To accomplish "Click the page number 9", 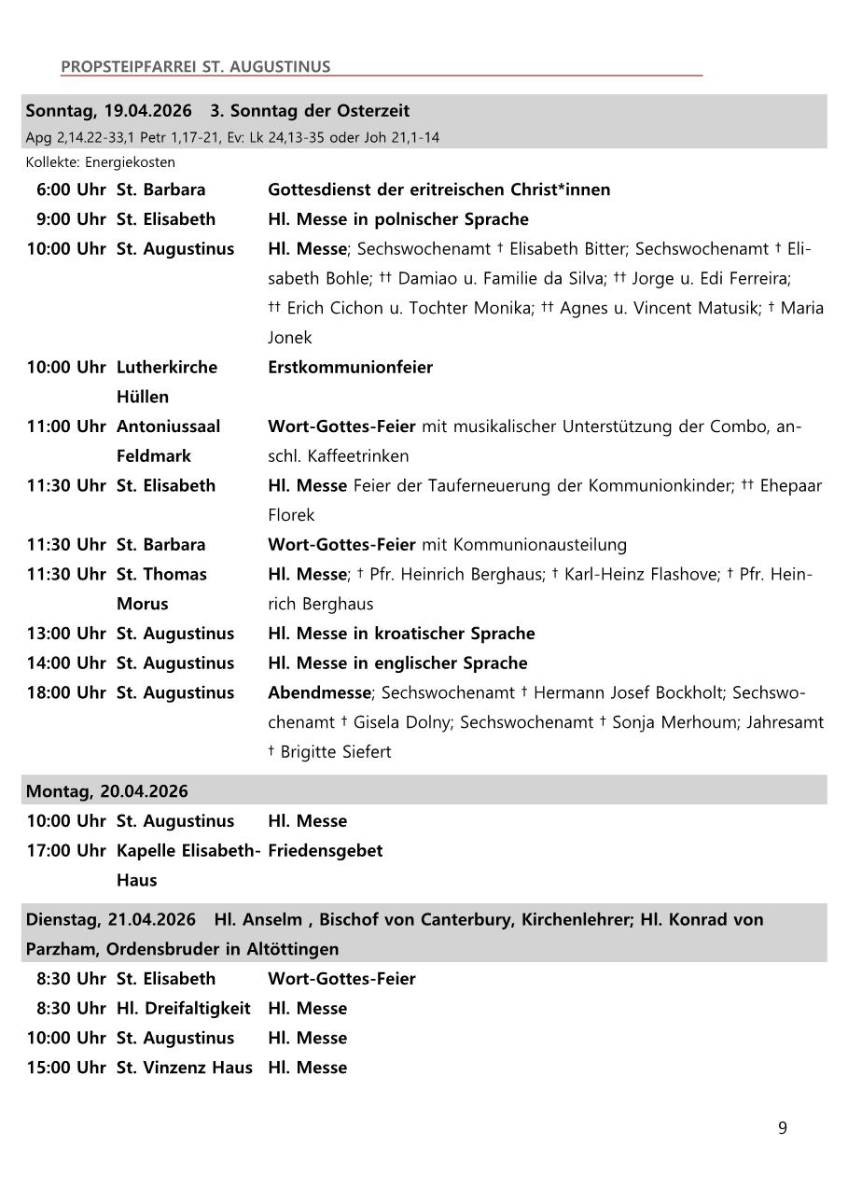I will [x=782, y=1128].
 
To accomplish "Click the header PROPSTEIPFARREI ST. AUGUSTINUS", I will [x=195, y=67].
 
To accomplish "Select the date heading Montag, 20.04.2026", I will [x=106, y=791].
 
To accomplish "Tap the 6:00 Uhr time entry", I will [x=70, y=189].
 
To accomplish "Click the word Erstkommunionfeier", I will [x=350, y=367].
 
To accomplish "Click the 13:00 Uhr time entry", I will [x=66, y=634].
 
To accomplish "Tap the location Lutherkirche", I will [x=166, y=367].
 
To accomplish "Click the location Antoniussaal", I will [x=168, y=426].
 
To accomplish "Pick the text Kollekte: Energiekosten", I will [x=101, y=162].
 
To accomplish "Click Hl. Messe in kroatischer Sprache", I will [x=401, y=634].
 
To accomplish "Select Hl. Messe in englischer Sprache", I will [x=397, y=663].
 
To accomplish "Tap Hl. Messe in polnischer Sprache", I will [x=397, y=219].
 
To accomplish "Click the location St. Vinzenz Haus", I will [x=184, y=1068].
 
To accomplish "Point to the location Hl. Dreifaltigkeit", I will [x=183, y=1009].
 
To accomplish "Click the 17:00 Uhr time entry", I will [x=66, y=850].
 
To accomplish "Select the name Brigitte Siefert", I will [x=336, y=751].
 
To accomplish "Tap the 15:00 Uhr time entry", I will [x=66, y=1068].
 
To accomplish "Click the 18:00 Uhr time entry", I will [x=66, y=692].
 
